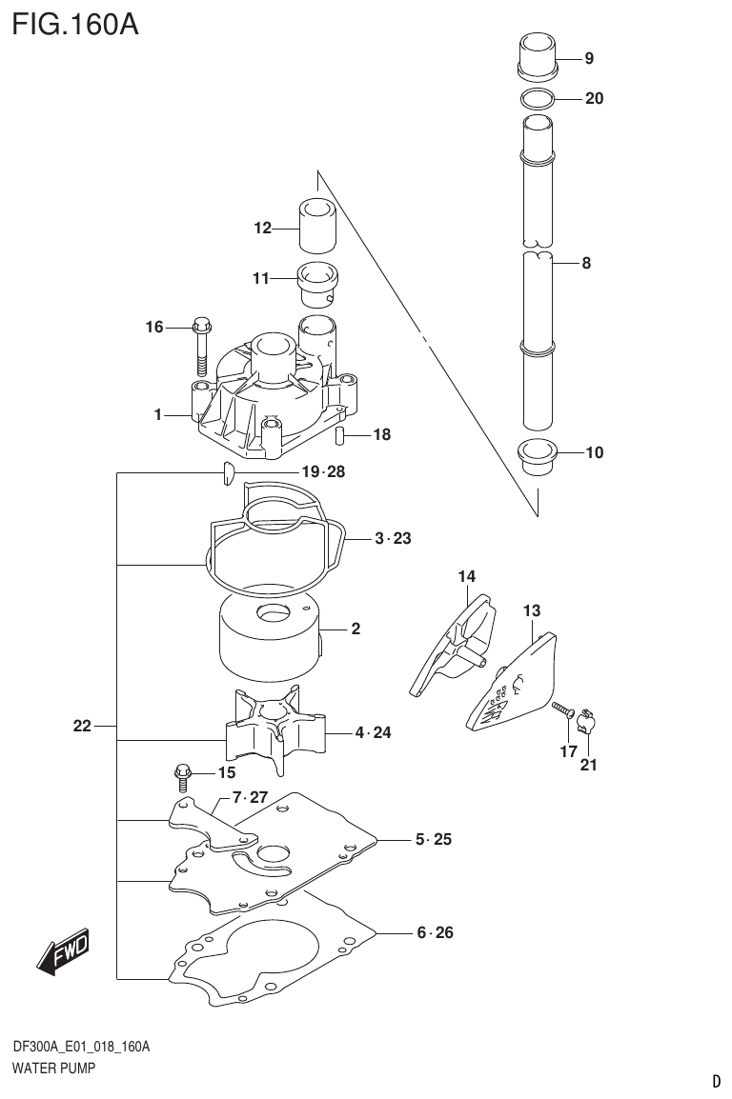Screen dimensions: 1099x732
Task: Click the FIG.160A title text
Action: pos(75,23)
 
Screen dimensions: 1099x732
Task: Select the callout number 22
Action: pos(82,727)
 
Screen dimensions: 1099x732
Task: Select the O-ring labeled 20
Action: pos(539,98)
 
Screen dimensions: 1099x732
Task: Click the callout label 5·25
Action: pos(433,840)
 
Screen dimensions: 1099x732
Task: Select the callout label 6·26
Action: pos(434,933)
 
